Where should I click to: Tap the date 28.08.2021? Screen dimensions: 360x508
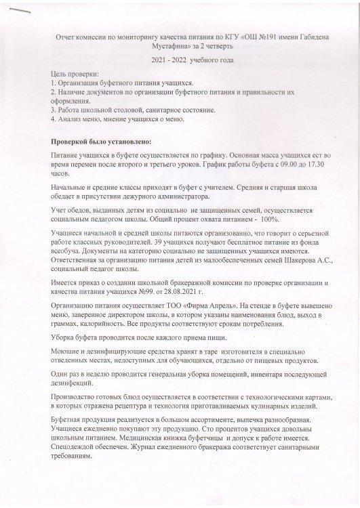[x=215, y=289]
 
